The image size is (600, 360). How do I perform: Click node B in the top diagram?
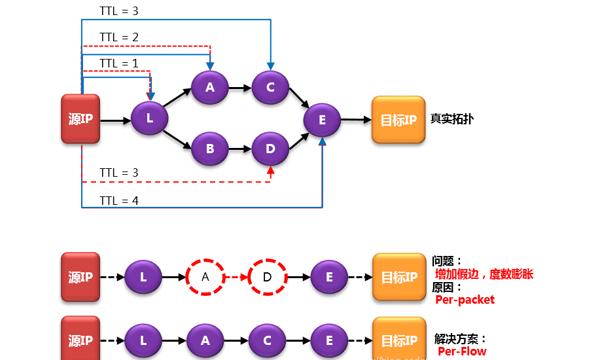tap(209, 149)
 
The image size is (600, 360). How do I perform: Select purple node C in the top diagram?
tap(270, 87)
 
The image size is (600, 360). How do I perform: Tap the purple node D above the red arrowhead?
tap(270, 149)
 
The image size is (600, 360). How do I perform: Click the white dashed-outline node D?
tap(267, 277)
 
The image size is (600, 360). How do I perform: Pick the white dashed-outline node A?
tap(205, 277)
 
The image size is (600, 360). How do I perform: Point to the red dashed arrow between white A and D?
tap(236, 277)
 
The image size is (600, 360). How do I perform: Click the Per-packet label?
tap(465, 300)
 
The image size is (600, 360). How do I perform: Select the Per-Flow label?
tap(462, 351)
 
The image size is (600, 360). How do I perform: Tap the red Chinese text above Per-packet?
tap(484, 274)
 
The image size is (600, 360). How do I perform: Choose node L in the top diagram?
tap(149, 118)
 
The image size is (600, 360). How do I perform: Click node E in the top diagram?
tap(322, 120)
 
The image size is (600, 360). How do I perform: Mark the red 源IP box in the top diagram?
tap(80, 118)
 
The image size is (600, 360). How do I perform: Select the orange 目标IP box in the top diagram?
tap(398, 120)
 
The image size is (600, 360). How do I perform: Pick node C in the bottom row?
tap(267, 340)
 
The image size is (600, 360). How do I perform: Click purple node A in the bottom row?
tap(205, 340)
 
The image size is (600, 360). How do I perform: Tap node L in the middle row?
tap(143, 277)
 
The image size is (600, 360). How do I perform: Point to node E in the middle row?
tap(328, 277)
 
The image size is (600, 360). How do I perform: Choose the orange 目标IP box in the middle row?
tap(399, 277)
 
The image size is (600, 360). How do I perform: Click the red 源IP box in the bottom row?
tap(80, 339)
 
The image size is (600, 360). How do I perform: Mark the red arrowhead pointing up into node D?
tap(270, 171)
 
